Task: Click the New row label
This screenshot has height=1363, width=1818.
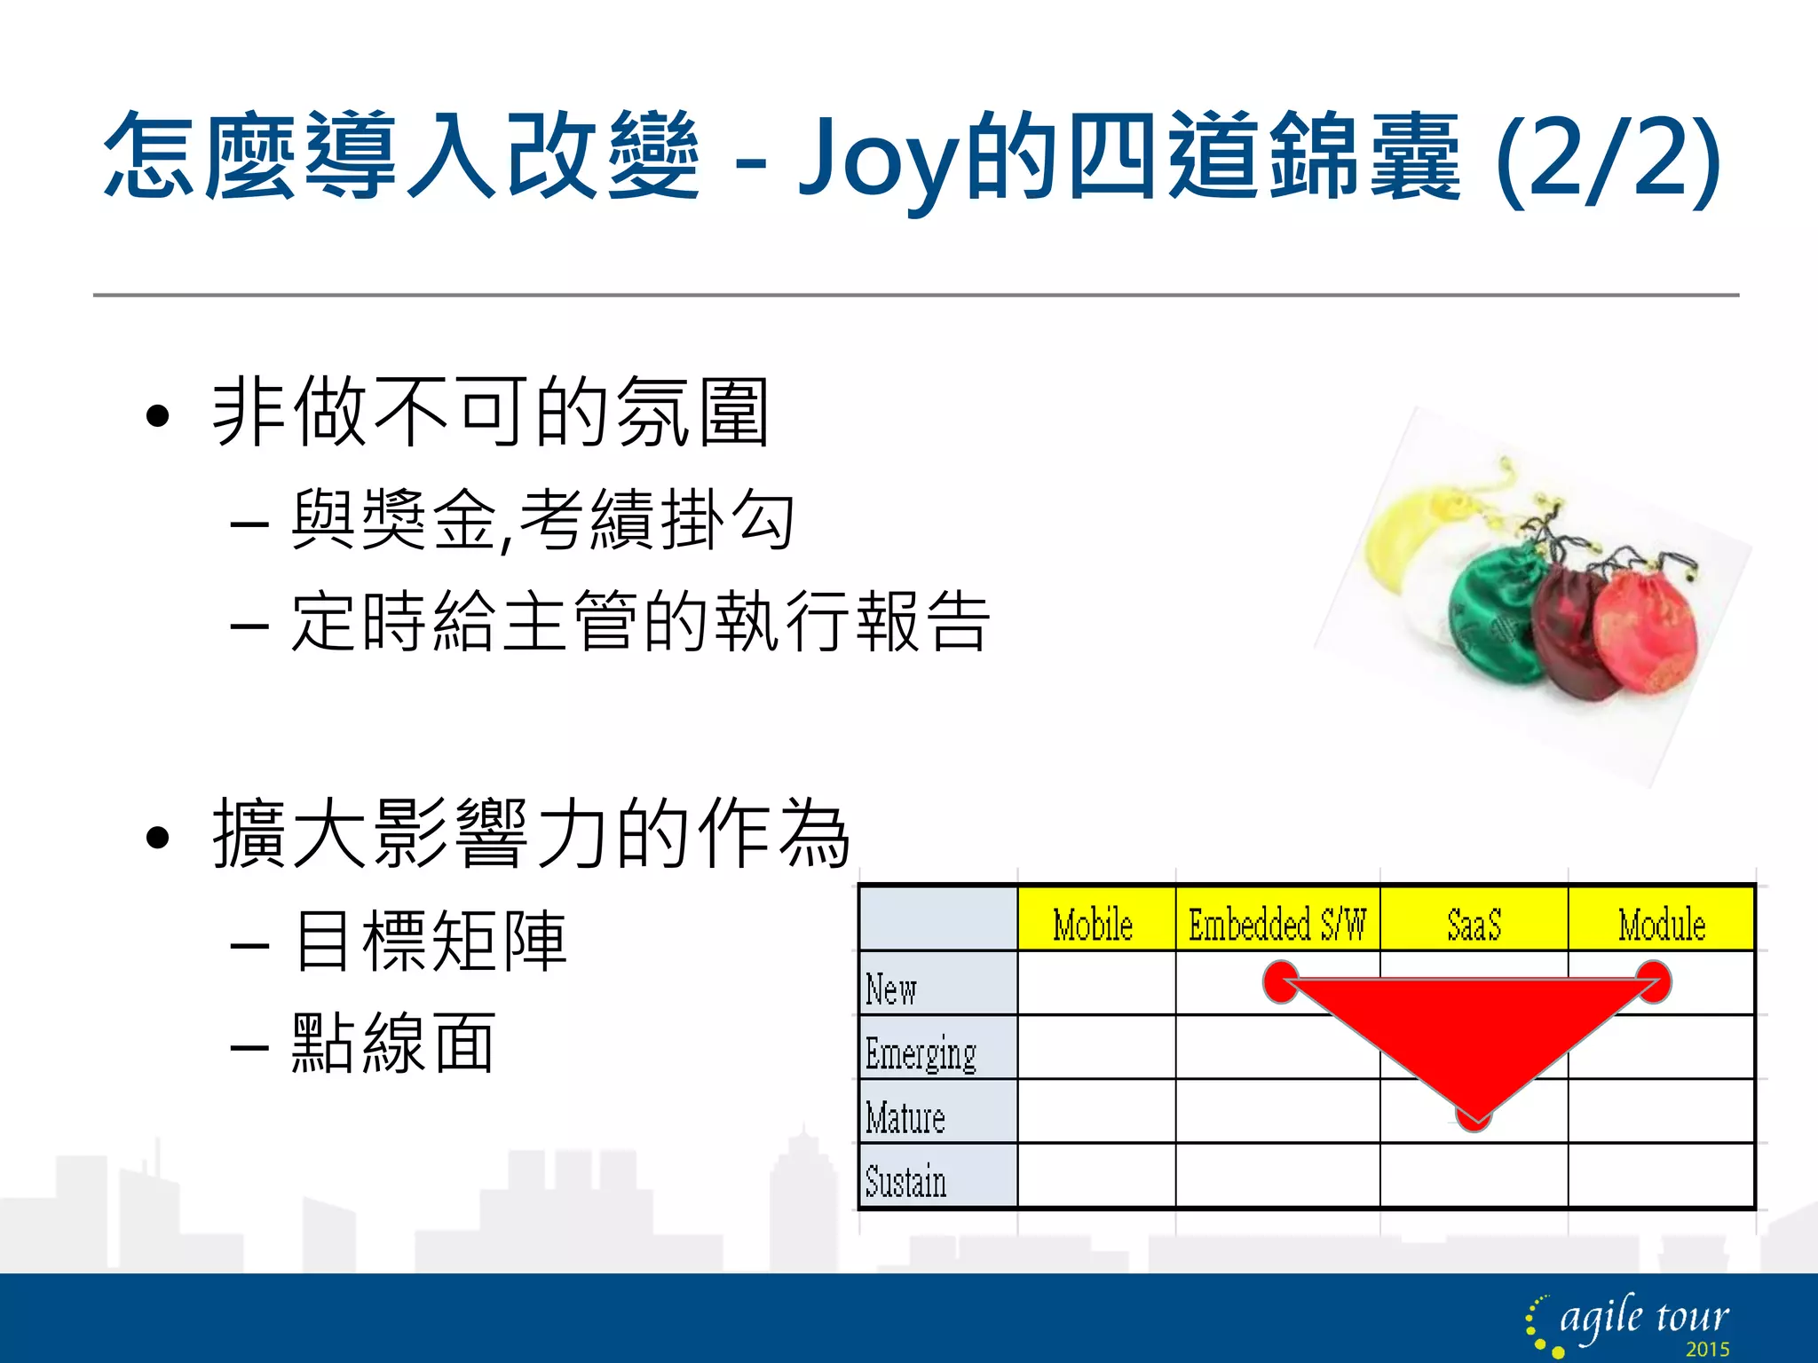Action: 891,989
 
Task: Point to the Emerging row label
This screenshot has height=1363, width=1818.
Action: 921,1053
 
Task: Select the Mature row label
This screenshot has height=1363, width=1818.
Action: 905,1117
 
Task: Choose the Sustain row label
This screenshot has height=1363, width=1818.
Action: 905,1181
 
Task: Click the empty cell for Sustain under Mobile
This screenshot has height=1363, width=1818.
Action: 1096,1176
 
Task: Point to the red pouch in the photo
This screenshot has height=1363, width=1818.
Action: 1647,630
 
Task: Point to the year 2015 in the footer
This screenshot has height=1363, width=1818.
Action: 1707,1350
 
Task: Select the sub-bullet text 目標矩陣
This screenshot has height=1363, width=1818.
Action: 430,941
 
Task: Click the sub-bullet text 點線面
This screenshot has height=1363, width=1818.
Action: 393,1044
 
